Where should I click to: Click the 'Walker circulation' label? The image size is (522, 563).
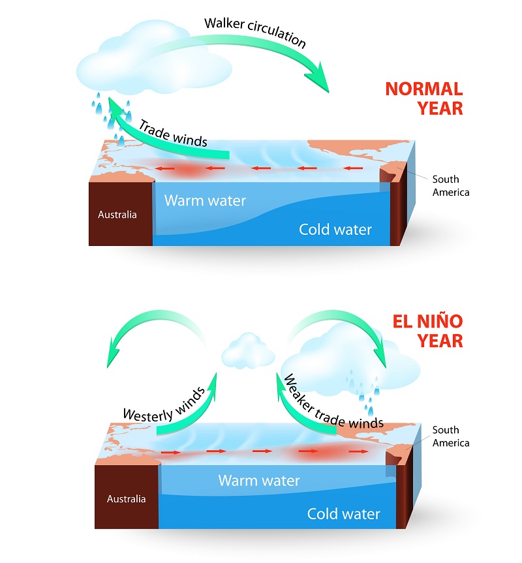pyautogui.click(x=255, y=32)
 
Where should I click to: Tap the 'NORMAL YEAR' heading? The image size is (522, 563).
pyautogui.click(x=424, y=99)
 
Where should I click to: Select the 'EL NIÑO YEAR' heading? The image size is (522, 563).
pyautogui.click(x=427, y=331)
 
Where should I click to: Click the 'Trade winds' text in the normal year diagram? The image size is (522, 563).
pyautogui.click(x=174, y=134)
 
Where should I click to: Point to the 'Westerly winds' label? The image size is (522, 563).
pyautogui.click(x=164, y=406)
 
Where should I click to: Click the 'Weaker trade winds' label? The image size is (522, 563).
pyautogui.click(x=333, y=403)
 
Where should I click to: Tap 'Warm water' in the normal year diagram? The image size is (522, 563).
pyautogui.click(x=205, y=201)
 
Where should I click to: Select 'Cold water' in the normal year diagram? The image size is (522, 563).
pyautogui.click(x=335, y=230)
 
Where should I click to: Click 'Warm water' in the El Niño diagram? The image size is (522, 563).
pyautogui.click(x=259, y=480)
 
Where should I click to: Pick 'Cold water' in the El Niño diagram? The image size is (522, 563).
pyautogui.click(x=344, y=514)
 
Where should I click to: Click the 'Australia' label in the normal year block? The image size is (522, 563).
pyautogui.click(x=117, y=215)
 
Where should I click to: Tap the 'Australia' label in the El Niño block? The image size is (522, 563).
pyautogui.click(x=127, y=498)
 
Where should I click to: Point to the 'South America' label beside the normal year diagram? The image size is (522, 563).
pyautogui.click(x=451, y=186)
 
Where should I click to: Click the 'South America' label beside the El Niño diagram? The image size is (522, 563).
pyautogui.click(x=451, y=436)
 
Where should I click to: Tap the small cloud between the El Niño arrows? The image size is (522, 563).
pyautogui.click(x=248, y=351)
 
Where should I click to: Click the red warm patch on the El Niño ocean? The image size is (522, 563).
pyautogui.click(x=320, y=451)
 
